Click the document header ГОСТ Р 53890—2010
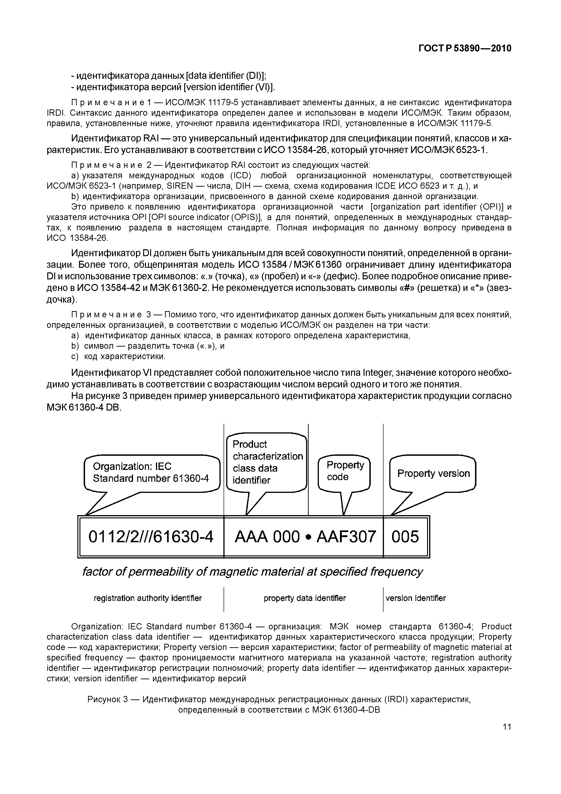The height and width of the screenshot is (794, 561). pos(465,48)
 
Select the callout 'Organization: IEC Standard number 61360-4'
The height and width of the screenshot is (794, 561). pos(151,473)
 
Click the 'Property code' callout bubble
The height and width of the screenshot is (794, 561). pos(344,471)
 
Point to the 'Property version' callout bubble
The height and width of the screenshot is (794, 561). pos(433,473)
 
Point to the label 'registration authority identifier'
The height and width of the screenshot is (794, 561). pos(148,598)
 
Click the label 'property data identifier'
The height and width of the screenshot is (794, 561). pos(304,598)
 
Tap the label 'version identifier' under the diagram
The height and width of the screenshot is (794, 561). pos(415,598)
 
